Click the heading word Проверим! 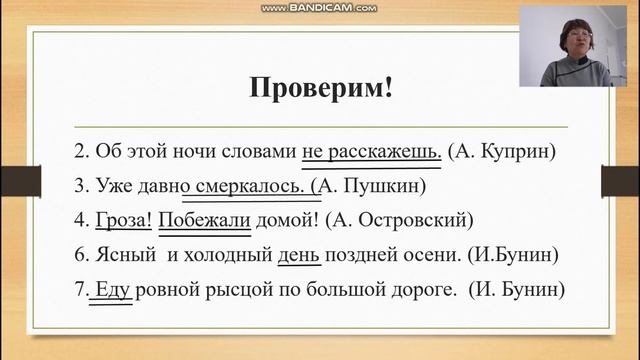click(x=320, y=87)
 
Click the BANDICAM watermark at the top click(x=319, y=8)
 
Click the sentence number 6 click(x=81, y=254)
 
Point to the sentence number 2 click(x=81, y=152)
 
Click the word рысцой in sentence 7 click(x=239, y=288)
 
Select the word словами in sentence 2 click(x=259, y=152)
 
